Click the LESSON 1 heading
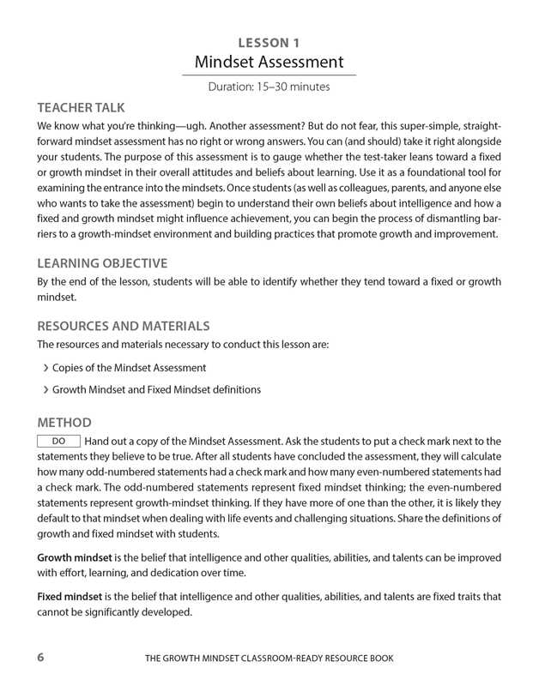coord(269,41)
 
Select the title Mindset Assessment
coord(269,62)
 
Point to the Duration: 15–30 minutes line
coord(269,87)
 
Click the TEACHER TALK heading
coord(82,108)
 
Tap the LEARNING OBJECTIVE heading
coord(102,263)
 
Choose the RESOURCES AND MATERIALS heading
coord(124,326)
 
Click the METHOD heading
coord(64,423)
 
